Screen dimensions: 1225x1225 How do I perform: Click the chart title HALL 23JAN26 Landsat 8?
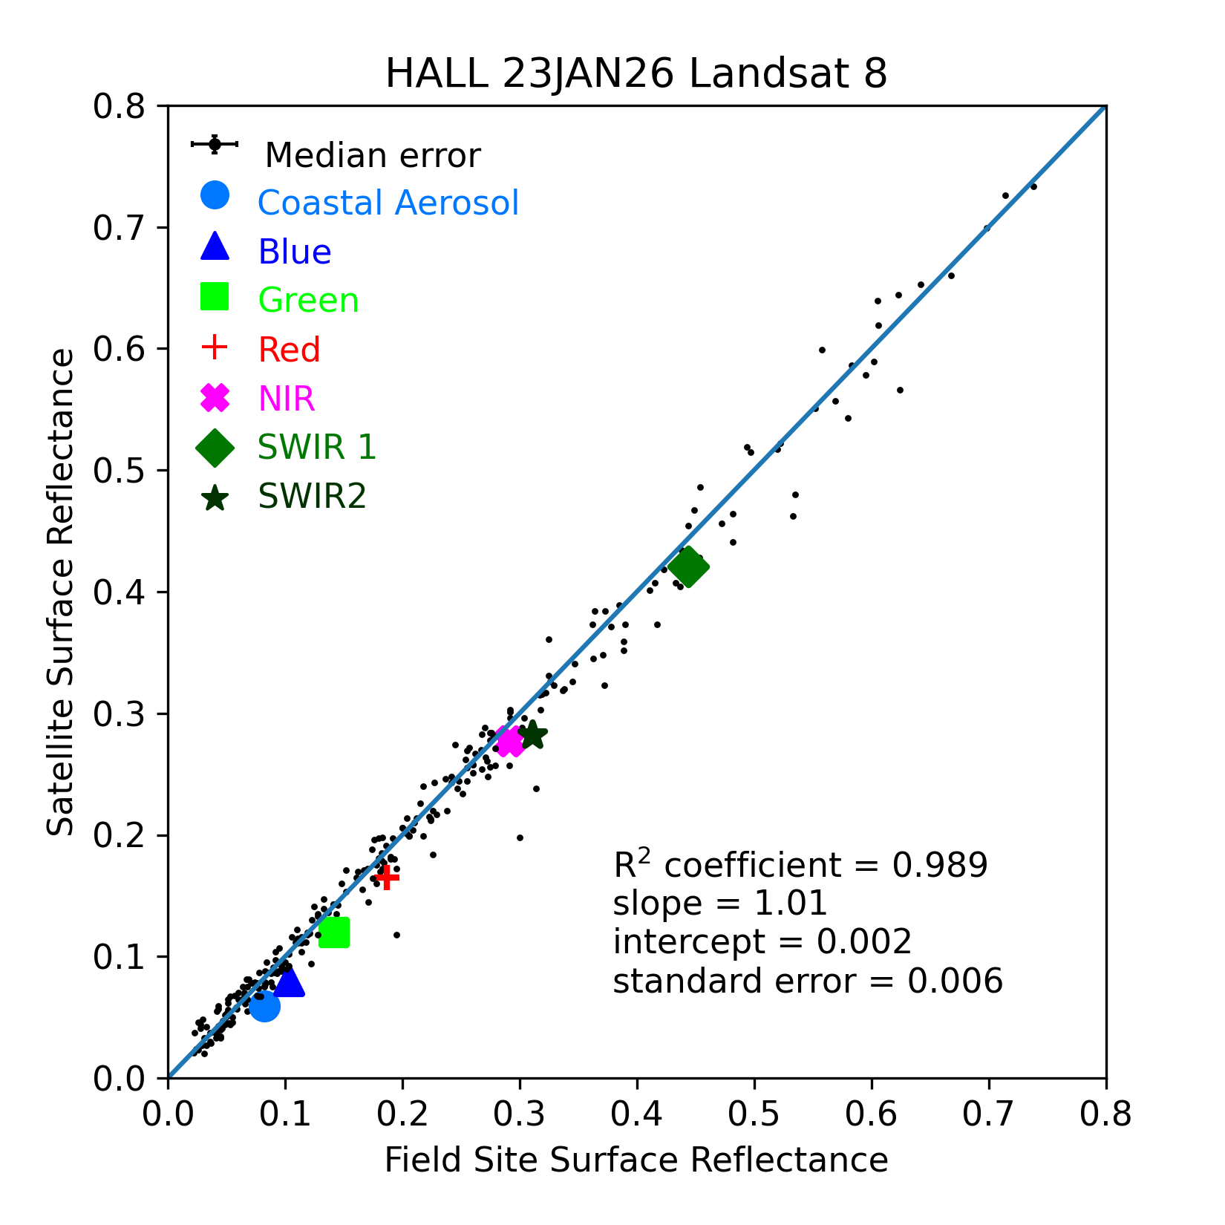(636, 74)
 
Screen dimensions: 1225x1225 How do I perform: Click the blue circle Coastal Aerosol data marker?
(264, 1006)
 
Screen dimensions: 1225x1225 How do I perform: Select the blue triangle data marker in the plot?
(288, 982)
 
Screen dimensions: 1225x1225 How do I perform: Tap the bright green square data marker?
(334, 932)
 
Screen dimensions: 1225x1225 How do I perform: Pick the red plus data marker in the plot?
(387, 878)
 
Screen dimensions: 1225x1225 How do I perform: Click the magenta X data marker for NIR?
(510, 741)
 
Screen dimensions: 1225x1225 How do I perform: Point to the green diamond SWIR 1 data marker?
(688, 567)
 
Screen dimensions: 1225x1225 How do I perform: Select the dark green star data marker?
(533, 736)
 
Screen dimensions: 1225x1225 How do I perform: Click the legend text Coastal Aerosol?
(388, 203)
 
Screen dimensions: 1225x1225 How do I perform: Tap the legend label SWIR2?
(312, 496)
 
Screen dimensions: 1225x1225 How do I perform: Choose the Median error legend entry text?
(373, 156)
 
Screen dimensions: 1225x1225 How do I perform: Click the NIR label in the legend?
(287, 399)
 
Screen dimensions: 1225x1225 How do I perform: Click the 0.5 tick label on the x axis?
(754, 1115)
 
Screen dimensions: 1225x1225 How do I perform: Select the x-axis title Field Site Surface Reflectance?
(636, 1160)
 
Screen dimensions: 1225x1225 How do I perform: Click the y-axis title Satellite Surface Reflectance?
(61, 592)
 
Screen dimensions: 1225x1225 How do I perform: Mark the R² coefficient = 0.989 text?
(800, 865)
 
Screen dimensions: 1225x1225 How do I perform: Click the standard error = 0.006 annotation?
(808, 981)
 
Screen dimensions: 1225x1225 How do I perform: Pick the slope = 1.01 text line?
(719, 904)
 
